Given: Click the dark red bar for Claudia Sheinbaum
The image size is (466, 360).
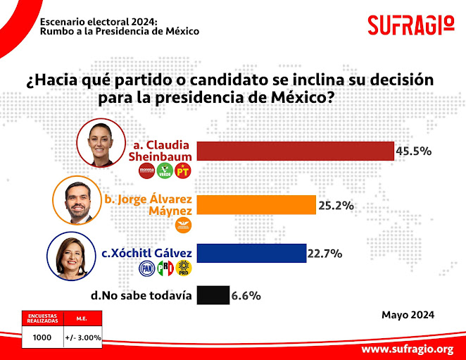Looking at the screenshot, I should [x=296, y=151].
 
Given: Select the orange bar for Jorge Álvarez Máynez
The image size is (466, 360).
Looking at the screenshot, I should [x=256, y=204].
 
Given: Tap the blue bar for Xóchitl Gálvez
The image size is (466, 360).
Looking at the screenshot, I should [x=251, y=252].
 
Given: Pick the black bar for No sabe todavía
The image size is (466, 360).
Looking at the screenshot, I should [x=213, y=295].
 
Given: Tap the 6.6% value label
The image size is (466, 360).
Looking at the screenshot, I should [x=246, y=296].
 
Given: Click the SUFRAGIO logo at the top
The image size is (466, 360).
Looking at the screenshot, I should [x=411, y=25].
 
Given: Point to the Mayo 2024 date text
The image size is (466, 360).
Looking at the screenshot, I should [x=408, y=314].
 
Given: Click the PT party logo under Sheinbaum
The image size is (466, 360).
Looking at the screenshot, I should [x=184, y=170].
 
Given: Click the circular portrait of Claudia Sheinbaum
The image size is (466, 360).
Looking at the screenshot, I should [x=100, y=142].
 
